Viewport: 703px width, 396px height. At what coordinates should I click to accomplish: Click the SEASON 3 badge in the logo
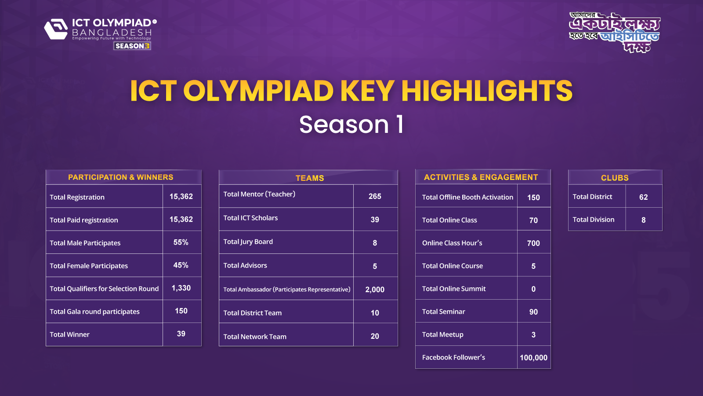[132, 46]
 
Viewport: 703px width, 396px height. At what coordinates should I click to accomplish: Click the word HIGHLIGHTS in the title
[486, 91]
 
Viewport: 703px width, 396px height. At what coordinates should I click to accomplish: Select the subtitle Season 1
[351, 125]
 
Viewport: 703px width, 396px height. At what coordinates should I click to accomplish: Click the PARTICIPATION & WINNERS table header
[120, 177]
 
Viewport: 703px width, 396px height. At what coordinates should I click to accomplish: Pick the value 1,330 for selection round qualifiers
[181, 288]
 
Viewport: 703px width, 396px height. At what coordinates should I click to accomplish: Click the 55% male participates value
[181, 242]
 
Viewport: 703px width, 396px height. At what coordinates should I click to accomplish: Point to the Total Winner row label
[69, 334]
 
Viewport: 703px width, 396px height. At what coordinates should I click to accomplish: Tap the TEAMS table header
[310, 178]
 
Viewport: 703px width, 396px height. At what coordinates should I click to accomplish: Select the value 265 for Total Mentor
[375, 196]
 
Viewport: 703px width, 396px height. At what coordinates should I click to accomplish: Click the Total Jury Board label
[248, 242]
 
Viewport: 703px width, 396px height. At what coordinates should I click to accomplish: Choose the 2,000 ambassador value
[375, 290]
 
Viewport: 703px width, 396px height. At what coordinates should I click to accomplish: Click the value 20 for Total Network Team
[375, 336]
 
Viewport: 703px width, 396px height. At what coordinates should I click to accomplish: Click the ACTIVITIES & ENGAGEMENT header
[481, 177]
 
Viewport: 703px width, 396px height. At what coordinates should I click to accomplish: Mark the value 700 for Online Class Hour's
[533, 243]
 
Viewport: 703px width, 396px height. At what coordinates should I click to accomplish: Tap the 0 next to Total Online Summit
[533, 289]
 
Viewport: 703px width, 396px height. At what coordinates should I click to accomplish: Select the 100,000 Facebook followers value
[533, 358]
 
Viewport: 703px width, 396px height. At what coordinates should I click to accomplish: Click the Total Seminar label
[443, 312]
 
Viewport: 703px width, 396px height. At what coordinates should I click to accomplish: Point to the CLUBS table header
[615, 178]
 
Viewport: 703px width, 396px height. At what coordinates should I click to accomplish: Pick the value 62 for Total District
[643, 197]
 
